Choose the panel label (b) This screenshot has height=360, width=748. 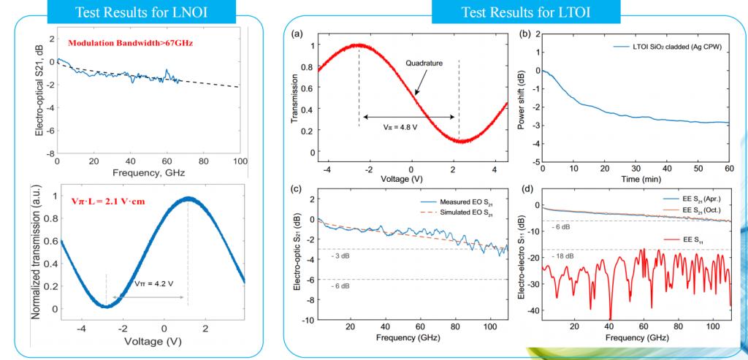(x=525, y=34)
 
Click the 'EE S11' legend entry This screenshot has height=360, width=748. (x=694, y=238)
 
